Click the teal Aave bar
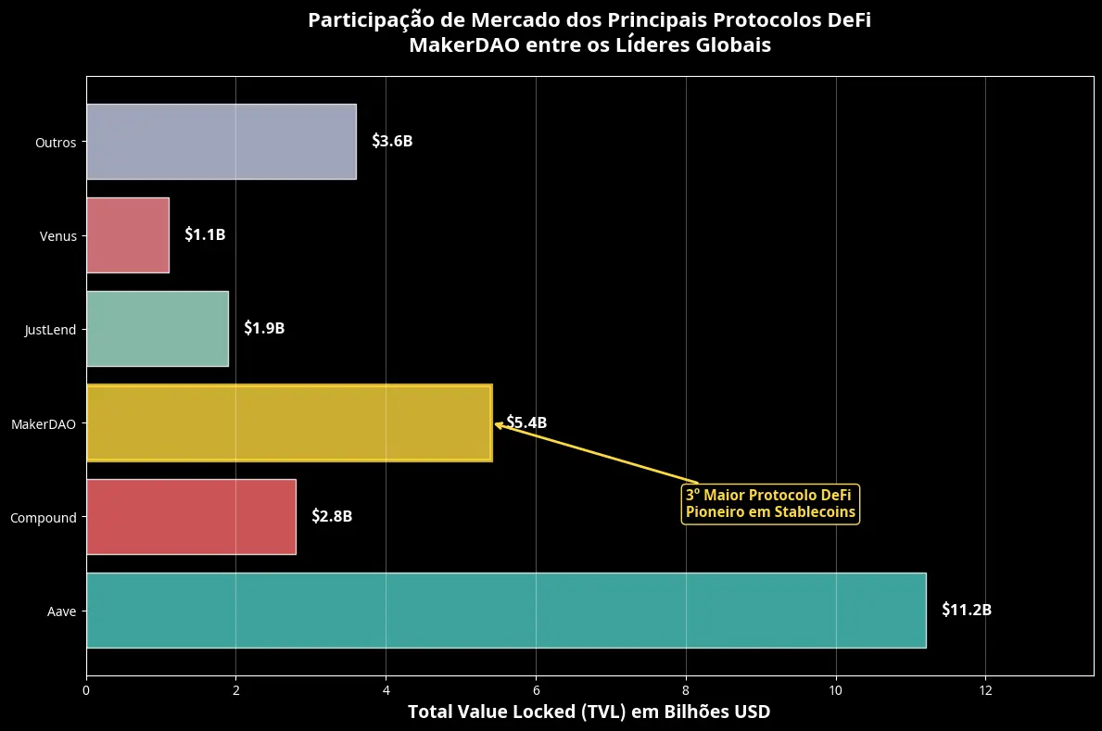pos(506,611)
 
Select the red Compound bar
pos(191,517)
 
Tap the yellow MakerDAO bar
pos(289,422)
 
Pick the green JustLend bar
pos(158,329)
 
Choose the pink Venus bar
pos(128,235)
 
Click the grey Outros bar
pos(222,141)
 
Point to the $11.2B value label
pos(967,611)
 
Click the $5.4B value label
pos(526,423)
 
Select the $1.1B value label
pos(205,235)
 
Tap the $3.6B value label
pos(392,142)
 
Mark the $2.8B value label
pos(332,517)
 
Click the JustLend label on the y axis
pos(51,330)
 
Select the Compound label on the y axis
pos(44,518)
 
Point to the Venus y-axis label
pos(58,236)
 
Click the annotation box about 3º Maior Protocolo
pos(770,504)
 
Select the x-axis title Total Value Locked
pos(589,712)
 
